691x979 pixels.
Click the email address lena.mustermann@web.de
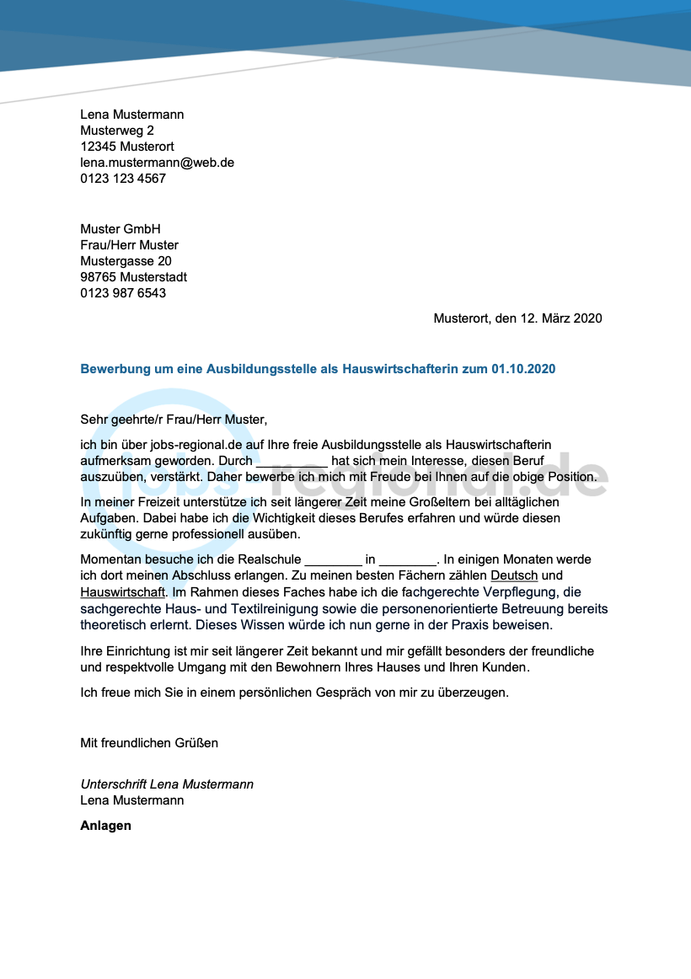click(x=157, y=163)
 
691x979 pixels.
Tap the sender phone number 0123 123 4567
click(x=123, y=179)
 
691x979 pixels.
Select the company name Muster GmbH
click(x=121, y=229)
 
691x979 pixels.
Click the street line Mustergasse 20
click(x=126, y=261)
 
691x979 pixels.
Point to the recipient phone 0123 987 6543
click(x=123, y=293)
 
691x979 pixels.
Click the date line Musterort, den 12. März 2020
click(x=517, y=318)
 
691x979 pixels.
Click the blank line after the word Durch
click(x=292, y=462)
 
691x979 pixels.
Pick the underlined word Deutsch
click(x=514, y=575)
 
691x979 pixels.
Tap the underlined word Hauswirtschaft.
click(x=123, y=592)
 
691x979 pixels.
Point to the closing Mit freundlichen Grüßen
click(x=149, y=743)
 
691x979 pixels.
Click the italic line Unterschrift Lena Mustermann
click(x=167, y=784)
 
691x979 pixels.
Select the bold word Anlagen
click(x=105, y=826)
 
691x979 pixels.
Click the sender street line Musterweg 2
click(x=117, y=131)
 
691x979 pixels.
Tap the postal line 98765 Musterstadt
click(x=133, y=277)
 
